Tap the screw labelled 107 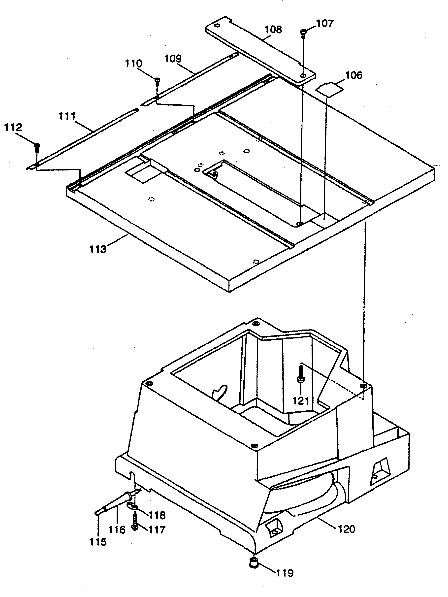point(303,33)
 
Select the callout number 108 point(273,30)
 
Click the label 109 point(173,58)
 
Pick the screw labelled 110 point(157,80)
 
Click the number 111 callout point(67,116)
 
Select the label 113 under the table point(98,249)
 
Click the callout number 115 point(98,542)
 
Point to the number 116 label point(117,530)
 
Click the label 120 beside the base point(346,529)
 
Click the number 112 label point(13,127)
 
